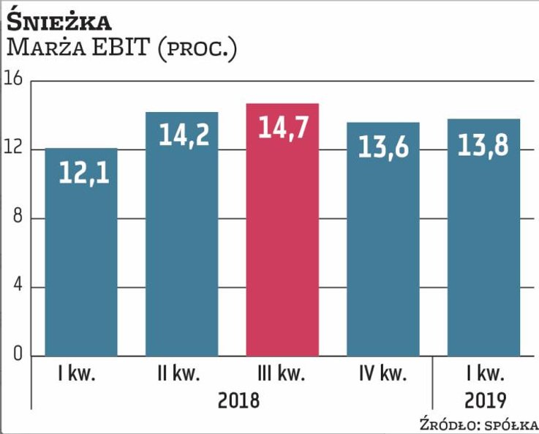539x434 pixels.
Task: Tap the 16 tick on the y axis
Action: click(15, 80)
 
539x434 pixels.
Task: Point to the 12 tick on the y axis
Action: click(15, 149)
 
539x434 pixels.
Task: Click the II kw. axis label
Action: click(178, 375)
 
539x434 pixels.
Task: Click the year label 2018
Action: click(238, 400)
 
